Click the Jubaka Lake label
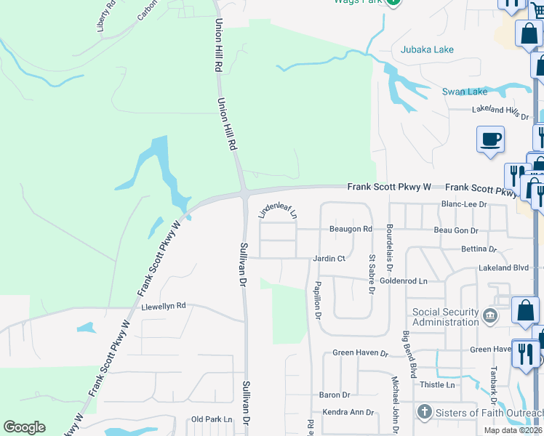(x=427, y=49)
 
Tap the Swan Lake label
(x=465, y=92)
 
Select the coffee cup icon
(x=491, y=138)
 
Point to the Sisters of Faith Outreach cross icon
(x=425, y=412)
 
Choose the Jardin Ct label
(x=329, y=258)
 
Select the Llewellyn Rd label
(x=164, y=306)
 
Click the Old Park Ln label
(x=211, y=419)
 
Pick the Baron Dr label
(x=335, y=395)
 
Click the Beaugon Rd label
(x=351, y=229)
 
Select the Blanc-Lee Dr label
(x=464, y=205)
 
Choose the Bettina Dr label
(x=478, y=249)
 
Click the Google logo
(x=24, y=427)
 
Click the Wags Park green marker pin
(x=393, y=2)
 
